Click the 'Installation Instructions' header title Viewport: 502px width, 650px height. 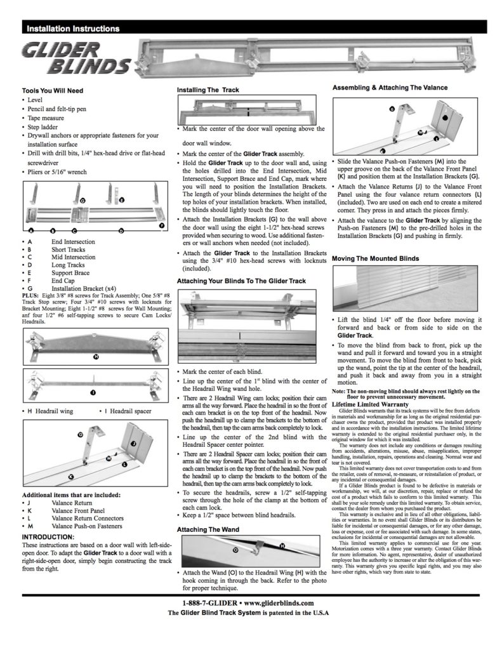(x=72, y=29)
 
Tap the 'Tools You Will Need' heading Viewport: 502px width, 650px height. (x=52, y=91)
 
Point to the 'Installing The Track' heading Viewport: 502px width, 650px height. (x=208, y=90)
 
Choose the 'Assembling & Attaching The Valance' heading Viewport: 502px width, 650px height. (x=390, y=88)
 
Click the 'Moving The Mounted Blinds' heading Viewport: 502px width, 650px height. (x=376, y=260)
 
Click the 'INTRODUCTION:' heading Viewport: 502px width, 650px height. (x=48, y=536)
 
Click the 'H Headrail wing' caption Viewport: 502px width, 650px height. (x=53, y=411)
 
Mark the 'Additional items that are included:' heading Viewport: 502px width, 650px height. (x=72, y=494)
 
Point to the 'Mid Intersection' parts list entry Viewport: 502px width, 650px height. (x=74, y=257)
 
